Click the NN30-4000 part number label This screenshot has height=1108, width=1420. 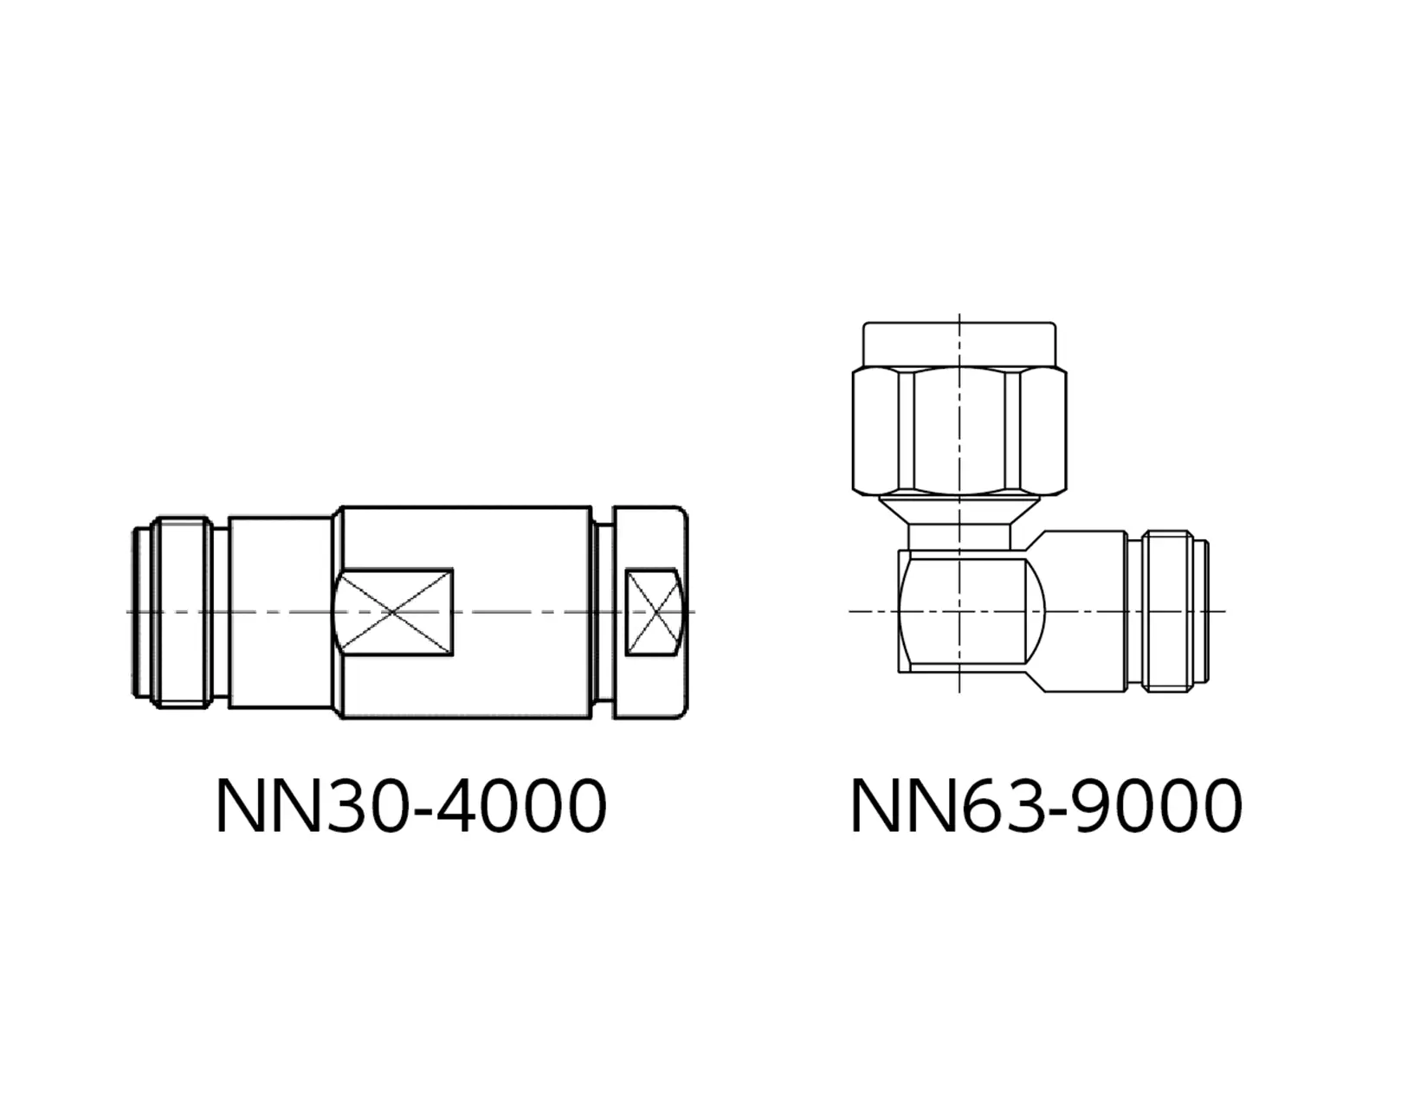click(x=411, y=806)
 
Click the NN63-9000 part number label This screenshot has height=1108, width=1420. click(x=1046, y=806)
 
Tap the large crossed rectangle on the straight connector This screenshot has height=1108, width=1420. click(x=393, y=611)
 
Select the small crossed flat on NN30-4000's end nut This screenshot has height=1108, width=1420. click(x=655, y=611)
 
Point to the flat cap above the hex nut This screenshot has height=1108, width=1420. click(x=959, y=345)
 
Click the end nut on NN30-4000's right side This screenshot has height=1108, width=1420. click(x=650, y=612)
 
